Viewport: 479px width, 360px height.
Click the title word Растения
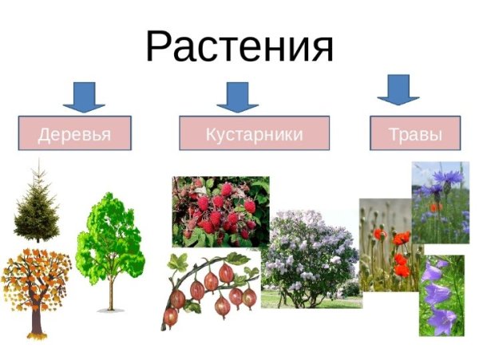[239, 45]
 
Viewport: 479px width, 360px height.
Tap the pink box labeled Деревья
[74, 133]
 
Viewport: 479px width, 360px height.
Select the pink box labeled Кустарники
[254, 133]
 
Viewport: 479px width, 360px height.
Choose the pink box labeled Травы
[415, 133]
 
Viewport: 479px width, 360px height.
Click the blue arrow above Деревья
[83, 96]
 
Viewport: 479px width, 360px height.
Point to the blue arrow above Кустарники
[237, 96]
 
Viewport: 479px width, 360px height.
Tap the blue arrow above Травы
[398, 89]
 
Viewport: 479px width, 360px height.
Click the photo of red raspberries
[220, 212]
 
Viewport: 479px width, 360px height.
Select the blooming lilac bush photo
[309, 255]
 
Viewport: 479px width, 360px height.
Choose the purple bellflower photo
[441, 295]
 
